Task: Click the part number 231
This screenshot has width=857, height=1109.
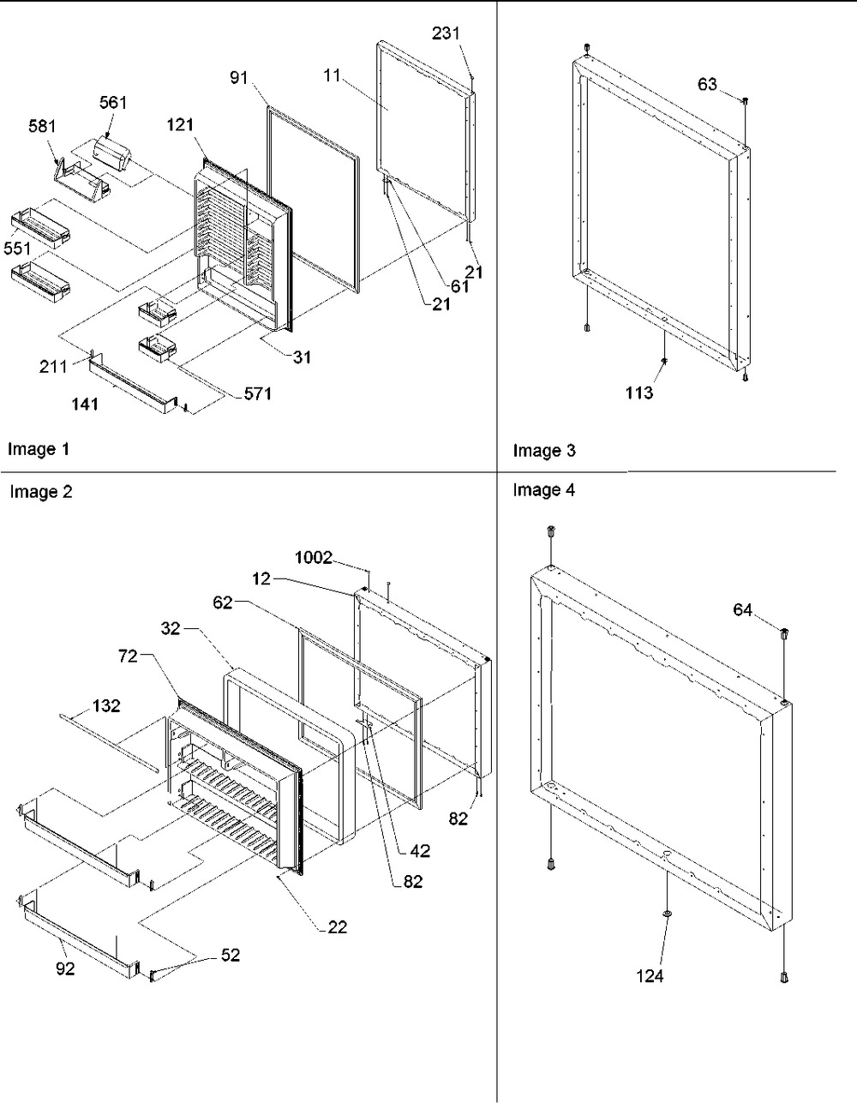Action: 446,33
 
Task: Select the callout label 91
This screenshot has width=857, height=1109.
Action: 238,78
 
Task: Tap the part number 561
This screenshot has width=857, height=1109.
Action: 113,103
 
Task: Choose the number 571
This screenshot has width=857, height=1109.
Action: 257,393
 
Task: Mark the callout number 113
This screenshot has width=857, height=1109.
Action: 639,393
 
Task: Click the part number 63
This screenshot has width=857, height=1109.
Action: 707,83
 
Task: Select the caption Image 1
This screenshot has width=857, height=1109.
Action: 39,448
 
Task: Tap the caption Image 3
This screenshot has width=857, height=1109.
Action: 544,450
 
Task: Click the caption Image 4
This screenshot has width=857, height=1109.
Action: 544,490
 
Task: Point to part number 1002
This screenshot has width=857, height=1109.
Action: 314,558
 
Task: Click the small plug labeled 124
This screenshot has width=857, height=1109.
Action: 666,915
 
